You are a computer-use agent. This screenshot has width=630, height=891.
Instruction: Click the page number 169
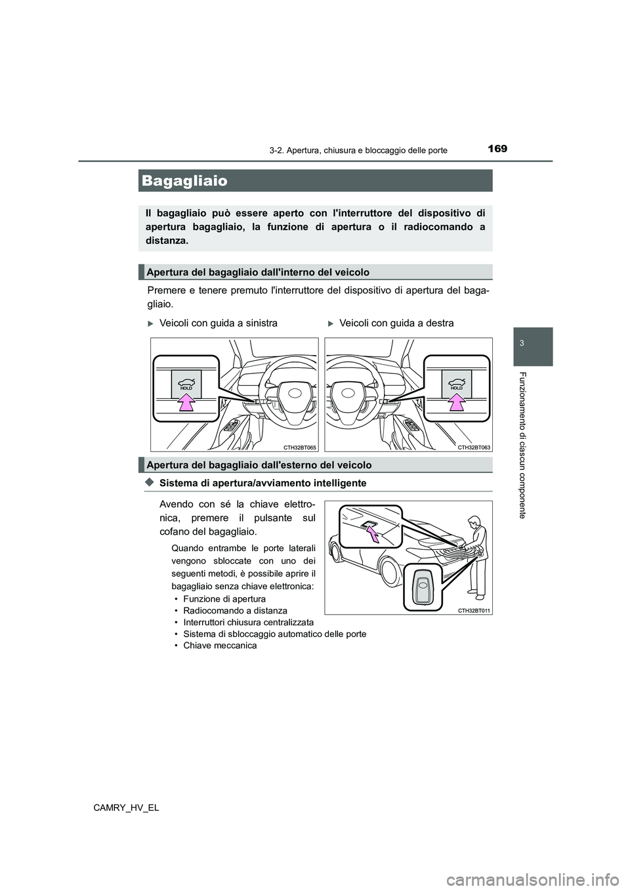pos(497,149)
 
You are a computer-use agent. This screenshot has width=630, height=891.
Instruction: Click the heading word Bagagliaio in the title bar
pos(184,180)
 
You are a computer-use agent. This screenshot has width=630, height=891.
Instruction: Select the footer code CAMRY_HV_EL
pos(126,808)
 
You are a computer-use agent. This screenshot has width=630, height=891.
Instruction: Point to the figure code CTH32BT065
pos(299,447)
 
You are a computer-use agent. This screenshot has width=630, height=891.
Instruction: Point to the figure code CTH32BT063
pos(474,447)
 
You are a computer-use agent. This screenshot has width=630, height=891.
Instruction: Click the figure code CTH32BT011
pos(474,610)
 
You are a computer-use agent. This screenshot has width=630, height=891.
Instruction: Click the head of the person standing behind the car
pos(474,522)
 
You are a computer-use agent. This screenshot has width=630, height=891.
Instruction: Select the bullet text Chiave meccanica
pos(220,646)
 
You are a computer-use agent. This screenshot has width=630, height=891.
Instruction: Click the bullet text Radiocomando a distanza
pos(235,611)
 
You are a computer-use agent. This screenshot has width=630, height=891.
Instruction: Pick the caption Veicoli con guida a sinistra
pos(218,323)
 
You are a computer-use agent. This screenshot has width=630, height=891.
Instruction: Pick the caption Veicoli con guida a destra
pos(396,323)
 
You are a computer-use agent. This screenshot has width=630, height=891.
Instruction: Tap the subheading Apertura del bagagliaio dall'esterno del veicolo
pos(259,465)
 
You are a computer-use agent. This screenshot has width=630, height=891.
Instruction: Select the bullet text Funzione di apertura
pos(224,599)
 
